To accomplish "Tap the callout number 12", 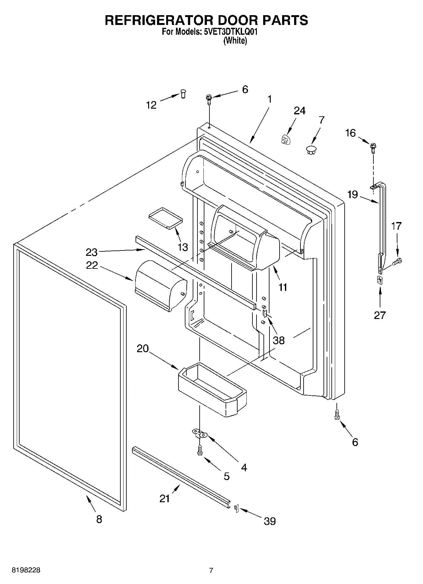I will (x=151, y=105).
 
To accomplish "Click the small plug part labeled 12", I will (x=183, y=93).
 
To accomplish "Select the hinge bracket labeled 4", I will (x=200, y=433).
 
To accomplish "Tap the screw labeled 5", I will (x=199, y=450).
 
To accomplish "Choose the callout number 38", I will (x=279, y=340).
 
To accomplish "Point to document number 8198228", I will (x=26, y=570).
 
